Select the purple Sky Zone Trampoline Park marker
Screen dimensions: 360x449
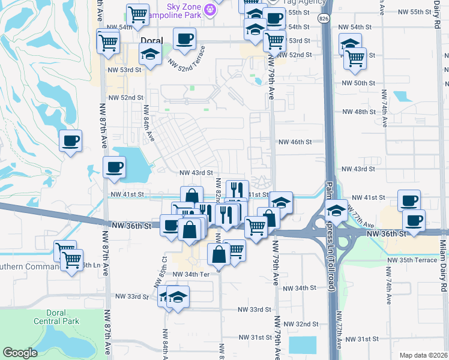coord(209,9)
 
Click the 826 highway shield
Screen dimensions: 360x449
coord(324,19)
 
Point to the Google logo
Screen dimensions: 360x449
coord(20,353)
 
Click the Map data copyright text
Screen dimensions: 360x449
coord(423,355)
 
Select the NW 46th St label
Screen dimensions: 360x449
coord(295,142)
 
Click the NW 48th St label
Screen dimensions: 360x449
coord(358,112)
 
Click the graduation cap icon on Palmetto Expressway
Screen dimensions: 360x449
coord(337,209)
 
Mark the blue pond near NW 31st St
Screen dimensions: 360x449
coord(302,344)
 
